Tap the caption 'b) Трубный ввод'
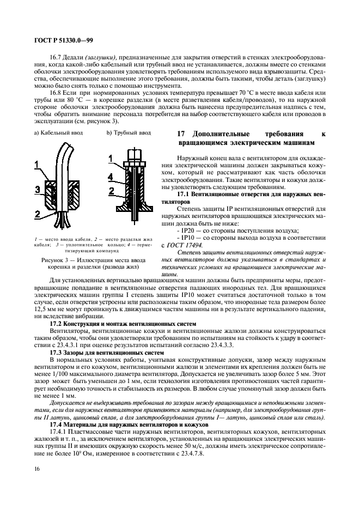pyautogui.click(x=129, y=132)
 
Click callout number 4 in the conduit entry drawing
pyautogui.click(x=110, y=177)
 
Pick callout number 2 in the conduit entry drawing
pyautogui.click(x=111, y=191)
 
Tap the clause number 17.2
pyautogui.click(x=57, y=324)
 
